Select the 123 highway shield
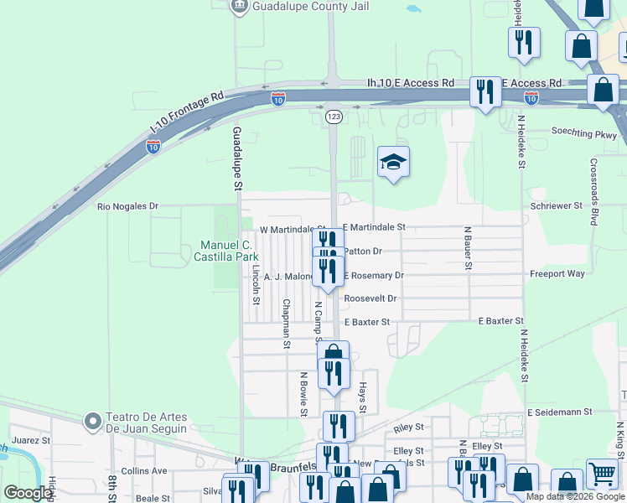(334, 117)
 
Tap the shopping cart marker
(602, 474)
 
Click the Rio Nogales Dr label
(128, 206)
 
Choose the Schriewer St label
(557, 206)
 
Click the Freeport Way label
(557, 274)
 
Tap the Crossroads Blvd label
(593, 192)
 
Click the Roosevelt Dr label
(370, 298)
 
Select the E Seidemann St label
(560, 412)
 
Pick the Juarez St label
(32, 439)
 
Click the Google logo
(28, 493)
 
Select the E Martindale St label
(374, 227)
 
